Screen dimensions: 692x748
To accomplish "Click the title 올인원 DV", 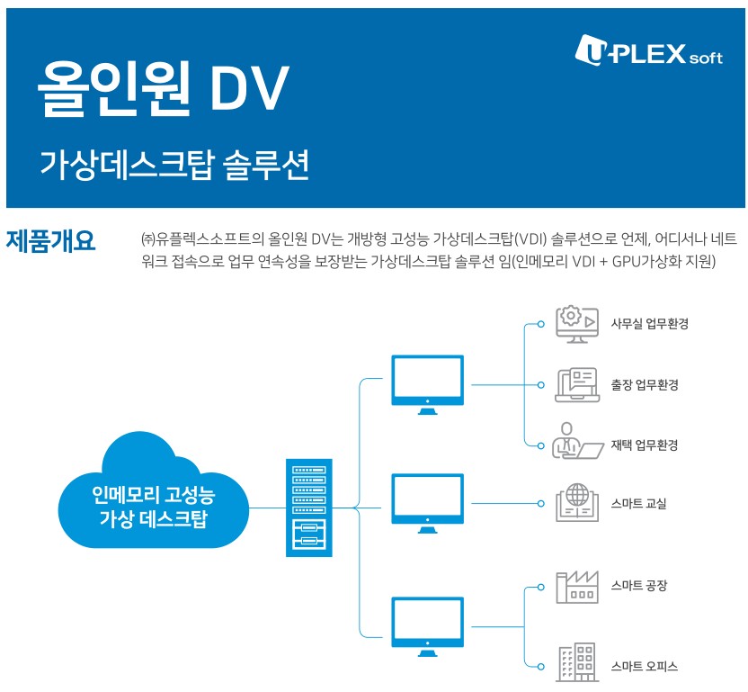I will [x=163, y=88].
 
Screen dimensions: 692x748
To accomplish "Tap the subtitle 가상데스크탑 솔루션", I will [x=174, y=165].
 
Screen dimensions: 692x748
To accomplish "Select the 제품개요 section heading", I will [x=51, y=240].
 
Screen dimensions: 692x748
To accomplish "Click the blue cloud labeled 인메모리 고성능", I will [x=153, y=495].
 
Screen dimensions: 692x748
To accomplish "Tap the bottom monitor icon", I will [x=428, y=625].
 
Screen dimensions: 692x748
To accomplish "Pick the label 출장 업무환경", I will [x=644, y=385].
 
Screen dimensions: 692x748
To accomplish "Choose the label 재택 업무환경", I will [x=644, y=445].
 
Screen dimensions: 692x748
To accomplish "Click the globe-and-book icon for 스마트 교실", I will [x=578, y=503].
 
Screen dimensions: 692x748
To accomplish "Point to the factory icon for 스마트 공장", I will [x=577, y=586].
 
